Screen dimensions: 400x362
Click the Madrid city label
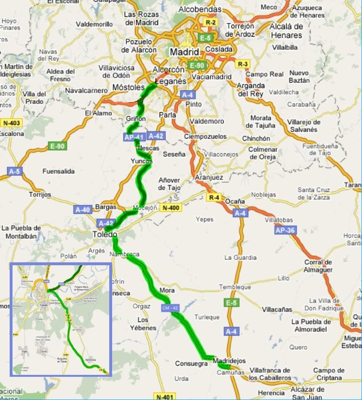(x=184, y=52)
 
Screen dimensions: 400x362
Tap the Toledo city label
(x=105, y=235)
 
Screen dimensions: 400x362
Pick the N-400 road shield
(x=171, y=208)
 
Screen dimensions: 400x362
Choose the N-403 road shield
(x=11, y=123)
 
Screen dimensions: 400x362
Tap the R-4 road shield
(x=213, y=197)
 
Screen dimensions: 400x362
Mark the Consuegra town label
(x=191, y=364)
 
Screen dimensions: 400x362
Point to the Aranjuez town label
(x=209, y=178)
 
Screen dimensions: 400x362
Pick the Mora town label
(x=166, y=291)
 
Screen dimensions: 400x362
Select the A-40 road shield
(x=83, y=210)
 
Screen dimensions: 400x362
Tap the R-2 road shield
(x=210, y=22)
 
